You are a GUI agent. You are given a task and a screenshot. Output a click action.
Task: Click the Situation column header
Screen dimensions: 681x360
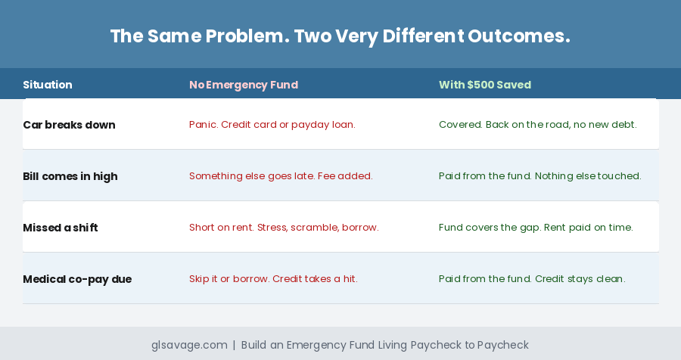click(x=48, y=85)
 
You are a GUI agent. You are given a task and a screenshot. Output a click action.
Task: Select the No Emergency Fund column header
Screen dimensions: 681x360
click(x=244, y=85)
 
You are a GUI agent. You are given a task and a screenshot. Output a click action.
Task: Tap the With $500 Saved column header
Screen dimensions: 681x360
click(x=485, y=85)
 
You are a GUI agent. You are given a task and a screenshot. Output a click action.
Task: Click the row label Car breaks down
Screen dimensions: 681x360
click(x=69, y=125)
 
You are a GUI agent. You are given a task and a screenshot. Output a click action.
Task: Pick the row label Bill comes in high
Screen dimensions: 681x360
click(x=70, y=177)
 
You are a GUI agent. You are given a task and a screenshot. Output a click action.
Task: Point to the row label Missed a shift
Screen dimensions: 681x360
click(x=60, y=228)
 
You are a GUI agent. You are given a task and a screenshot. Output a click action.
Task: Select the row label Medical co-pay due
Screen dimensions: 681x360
click(x=77, y=279)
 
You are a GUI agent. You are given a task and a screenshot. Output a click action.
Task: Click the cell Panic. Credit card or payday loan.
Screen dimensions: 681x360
click(x=272, y=125)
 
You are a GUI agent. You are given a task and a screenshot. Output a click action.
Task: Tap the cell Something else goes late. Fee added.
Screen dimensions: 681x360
click(x=281, y=176)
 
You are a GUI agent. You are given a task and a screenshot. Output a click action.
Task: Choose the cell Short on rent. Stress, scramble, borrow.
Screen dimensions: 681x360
click(x=284, y=228)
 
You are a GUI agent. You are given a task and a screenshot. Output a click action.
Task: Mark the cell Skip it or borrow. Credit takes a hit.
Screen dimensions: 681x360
click(x=273, y=279)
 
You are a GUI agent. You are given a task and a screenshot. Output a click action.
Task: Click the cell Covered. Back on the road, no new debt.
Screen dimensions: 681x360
click(x=538, y=125)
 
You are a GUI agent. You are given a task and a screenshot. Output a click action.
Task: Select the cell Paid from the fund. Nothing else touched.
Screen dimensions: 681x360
click(x=540, y=176)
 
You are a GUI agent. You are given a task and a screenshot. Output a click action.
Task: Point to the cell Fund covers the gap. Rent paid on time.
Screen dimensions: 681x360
click(x=536, y=228)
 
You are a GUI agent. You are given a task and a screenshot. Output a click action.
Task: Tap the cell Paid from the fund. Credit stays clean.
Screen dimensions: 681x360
click(x=532, y=279)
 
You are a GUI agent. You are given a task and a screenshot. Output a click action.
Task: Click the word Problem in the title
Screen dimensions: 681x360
click(x=247, y=36)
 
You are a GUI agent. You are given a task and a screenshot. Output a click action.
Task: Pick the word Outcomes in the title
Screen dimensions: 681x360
click(x=518, y=36)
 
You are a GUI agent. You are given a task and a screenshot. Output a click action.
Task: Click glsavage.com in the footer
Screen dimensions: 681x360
click(x=189, y=345)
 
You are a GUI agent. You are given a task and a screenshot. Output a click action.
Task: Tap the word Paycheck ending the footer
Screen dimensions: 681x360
click(x=503, y=345)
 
